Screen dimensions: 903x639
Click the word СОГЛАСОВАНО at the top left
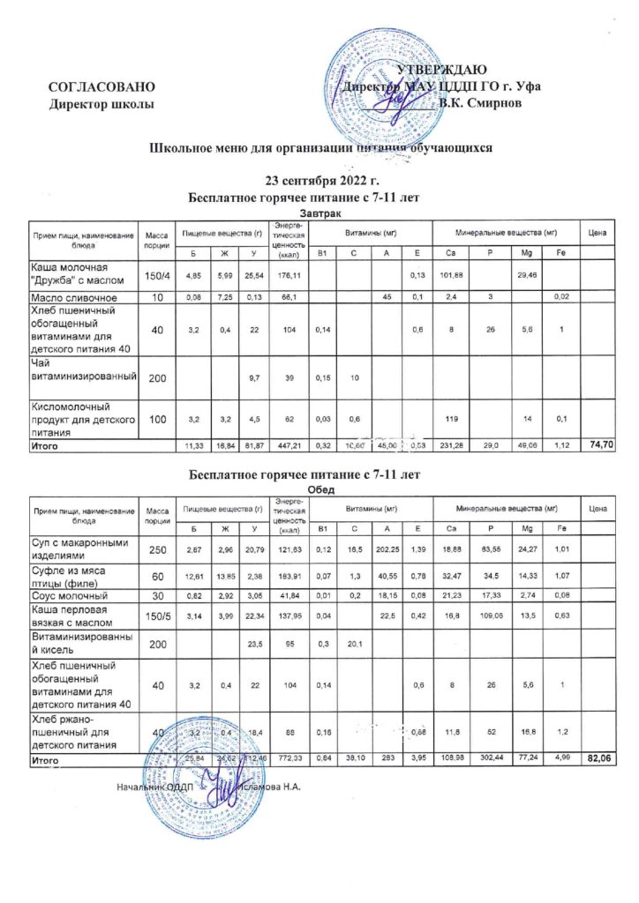102,87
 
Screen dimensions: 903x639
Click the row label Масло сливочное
72,300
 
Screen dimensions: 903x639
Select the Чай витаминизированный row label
84,370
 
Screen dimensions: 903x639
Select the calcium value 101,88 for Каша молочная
452,276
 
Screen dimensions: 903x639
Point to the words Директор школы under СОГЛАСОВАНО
102,104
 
